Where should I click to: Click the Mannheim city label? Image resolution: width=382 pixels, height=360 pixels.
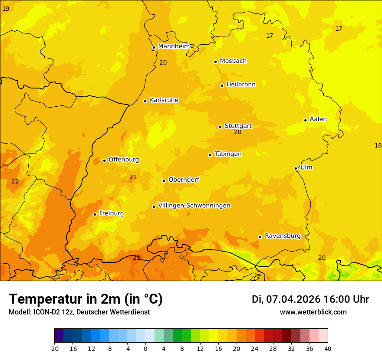tap(174, 46)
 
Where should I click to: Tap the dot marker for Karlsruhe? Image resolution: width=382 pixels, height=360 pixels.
tap(145, 101)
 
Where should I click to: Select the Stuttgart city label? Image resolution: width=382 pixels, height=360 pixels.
tap(238, 126)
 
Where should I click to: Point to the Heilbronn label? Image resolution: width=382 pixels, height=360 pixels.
tap(241, 85)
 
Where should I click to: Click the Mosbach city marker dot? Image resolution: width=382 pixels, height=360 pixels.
tap(215, 62)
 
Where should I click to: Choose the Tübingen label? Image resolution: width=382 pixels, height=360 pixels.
tap(227, 154)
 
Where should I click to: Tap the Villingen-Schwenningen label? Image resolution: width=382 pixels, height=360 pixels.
tap(194, 206)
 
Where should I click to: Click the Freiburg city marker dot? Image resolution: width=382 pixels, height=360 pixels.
tap(95, 214)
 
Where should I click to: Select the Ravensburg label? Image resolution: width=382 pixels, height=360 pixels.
tap(282, 236)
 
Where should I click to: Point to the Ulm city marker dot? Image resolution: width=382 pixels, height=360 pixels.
tap(296, 168)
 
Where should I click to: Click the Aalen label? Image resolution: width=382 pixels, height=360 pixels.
tap(318, 119)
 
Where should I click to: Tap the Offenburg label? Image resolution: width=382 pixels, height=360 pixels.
tap(123, 160)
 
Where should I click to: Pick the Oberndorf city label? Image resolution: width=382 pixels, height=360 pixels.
tap(184, 180)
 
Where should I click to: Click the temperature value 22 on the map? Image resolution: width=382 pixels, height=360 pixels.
tap(15, 181)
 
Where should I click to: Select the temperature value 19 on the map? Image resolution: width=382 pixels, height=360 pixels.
tap(6, 9)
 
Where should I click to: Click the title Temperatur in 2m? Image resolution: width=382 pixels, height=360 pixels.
tap(86, 299)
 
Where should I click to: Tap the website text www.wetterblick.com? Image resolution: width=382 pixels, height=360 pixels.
tap(313, 312)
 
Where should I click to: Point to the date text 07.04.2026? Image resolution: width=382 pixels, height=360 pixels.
tap(293, 299)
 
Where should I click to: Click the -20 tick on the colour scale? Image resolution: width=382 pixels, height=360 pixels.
tap(54, 349)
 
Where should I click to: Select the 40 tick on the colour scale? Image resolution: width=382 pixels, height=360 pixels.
tap(328, 349)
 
